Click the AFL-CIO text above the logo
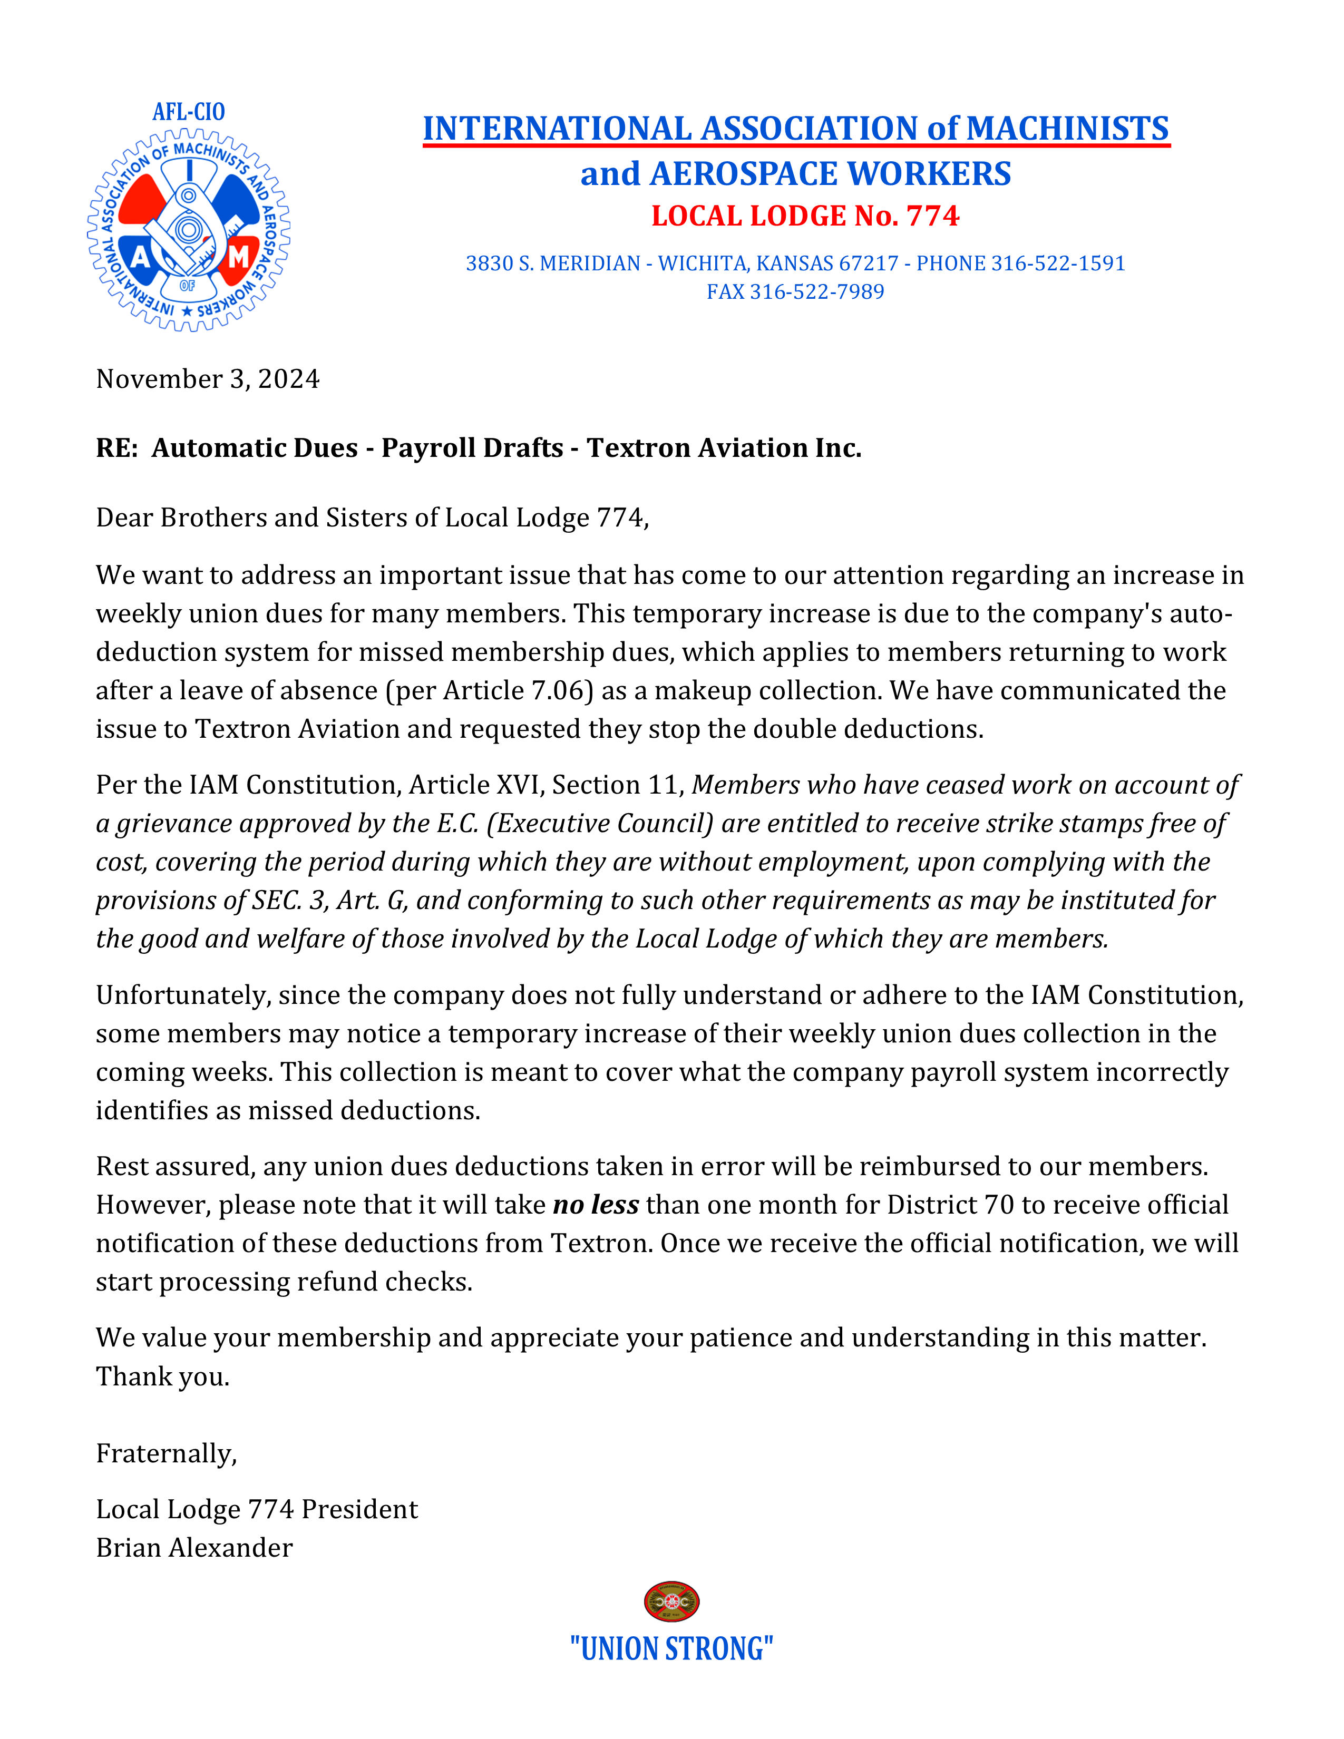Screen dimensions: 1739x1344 click(x=189, y=112)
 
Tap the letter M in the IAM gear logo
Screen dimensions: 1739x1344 click(x=238, y=257)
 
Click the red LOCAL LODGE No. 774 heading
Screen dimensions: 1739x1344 click(x=805, y=216)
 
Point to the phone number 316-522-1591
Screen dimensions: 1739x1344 click(x=1057, y=263)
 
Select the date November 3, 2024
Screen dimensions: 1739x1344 click(x=208, y=379)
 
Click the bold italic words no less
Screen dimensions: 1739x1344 click(x=596, y=1205)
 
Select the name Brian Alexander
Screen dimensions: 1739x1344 click(x=194, y=1547)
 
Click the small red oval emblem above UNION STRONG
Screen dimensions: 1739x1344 click(x=671, y=1601)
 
